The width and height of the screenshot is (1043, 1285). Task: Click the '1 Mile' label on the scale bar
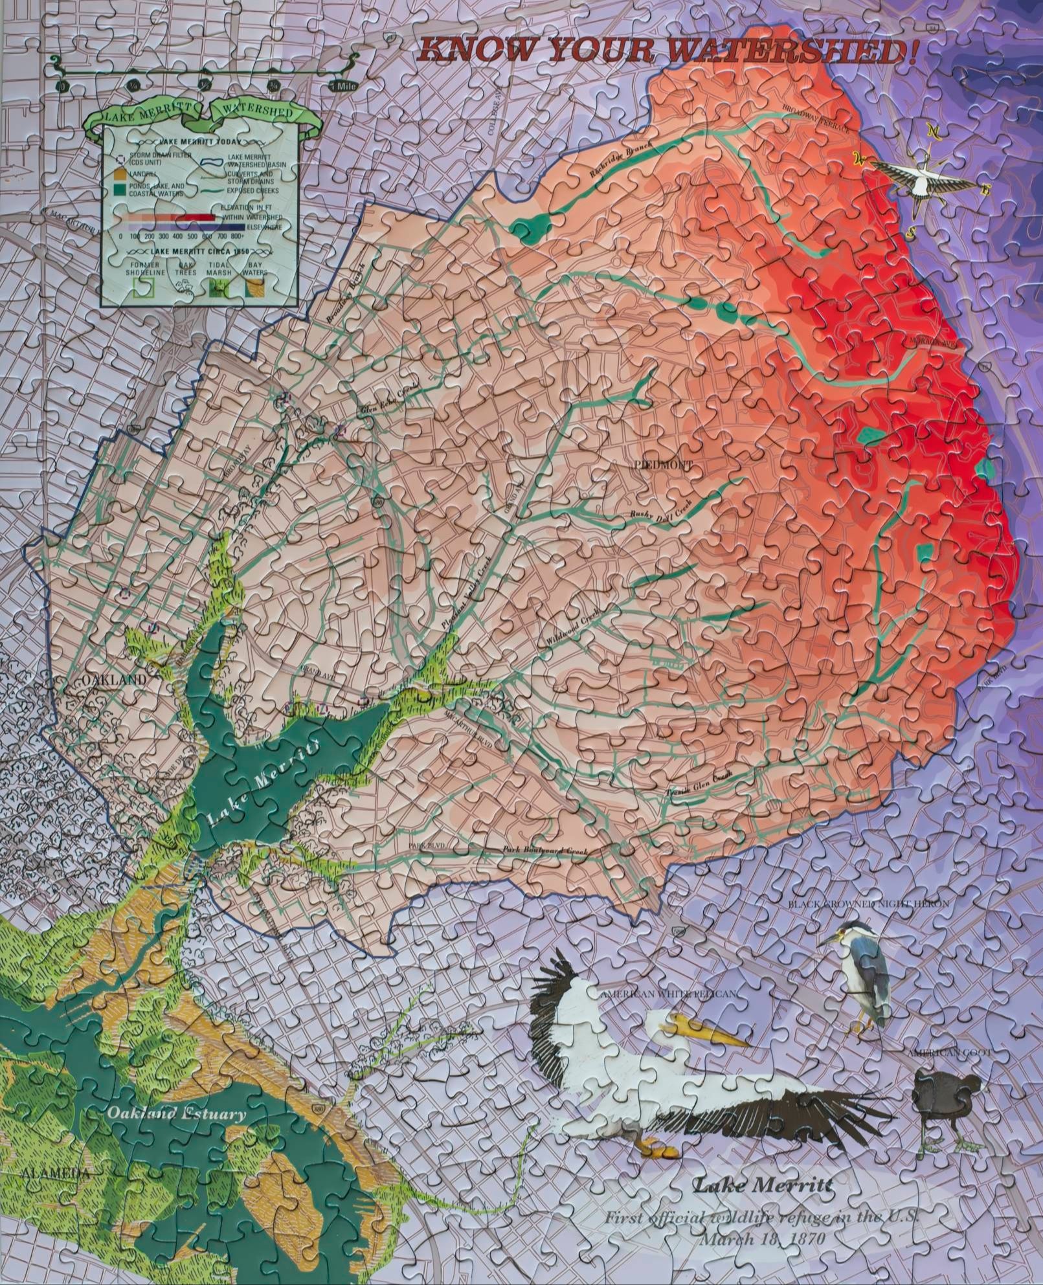(341, 86)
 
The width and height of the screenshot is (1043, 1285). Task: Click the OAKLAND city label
(114, 680)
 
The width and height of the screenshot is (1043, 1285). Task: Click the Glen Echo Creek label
(389, 401)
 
